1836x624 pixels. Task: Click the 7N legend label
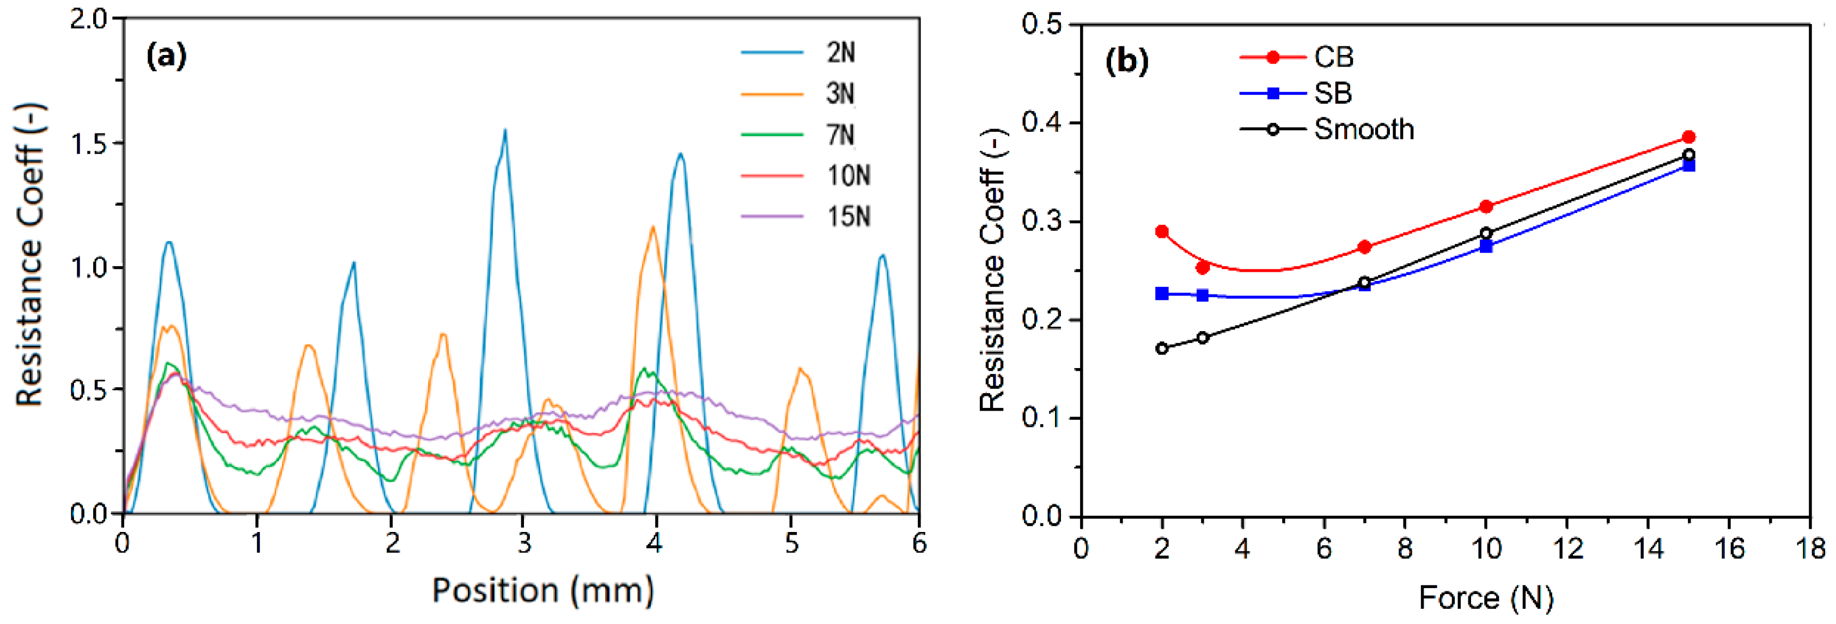point(840,134)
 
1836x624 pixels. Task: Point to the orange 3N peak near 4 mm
point(652,228)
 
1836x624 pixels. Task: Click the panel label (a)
point(166,56)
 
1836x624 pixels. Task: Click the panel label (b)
point(1126,62)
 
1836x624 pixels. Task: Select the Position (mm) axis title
point(543,591)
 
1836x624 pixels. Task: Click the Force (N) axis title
point(1485,598)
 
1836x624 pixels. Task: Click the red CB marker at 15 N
point(1688,137)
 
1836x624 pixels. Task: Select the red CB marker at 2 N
point(1162,231)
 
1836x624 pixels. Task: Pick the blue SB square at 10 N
point(1486,247)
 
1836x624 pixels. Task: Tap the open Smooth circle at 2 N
point(1162,348)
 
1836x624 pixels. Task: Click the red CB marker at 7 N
point(1364,247)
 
